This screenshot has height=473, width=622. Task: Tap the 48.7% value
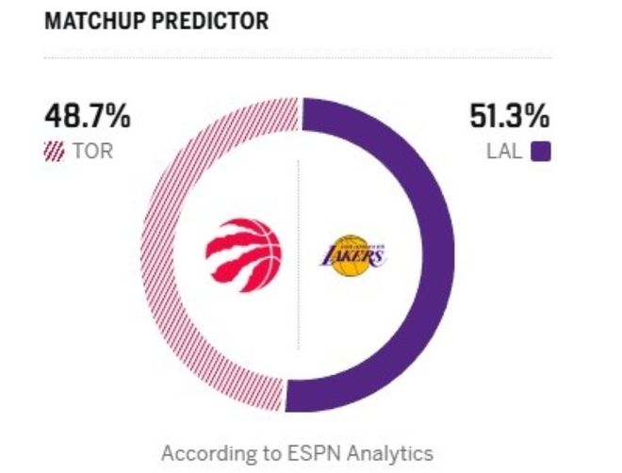click(x=87, y=120)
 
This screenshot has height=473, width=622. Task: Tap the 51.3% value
click(x=509, y=120)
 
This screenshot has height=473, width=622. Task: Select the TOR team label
click(x=92, y=151)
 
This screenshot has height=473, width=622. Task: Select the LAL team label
click(x=504, y=151)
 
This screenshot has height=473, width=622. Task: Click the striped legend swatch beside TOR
click(x=55, y=151)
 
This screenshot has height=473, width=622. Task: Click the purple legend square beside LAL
click(x=541, y=151)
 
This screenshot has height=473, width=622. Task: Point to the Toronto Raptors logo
click(x=243, y=252)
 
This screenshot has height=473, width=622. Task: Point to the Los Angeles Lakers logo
click(x=352, y=254)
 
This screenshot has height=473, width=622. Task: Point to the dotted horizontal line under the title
click(x=298, y=58)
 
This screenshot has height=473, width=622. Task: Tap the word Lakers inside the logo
click(x=352, y=254)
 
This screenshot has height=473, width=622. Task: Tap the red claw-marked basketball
click(x=243, y=252)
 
